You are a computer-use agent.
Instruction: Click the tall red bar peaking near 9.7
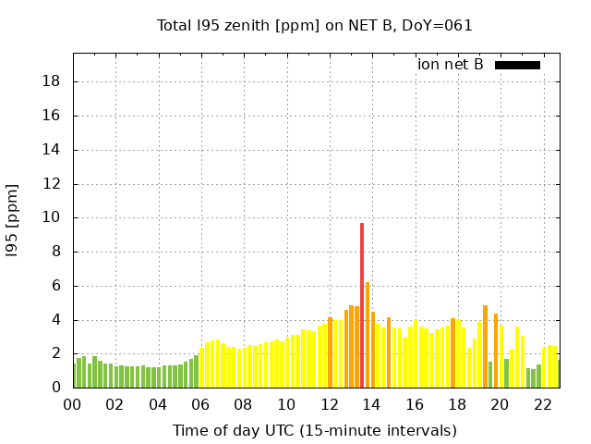point(362,305)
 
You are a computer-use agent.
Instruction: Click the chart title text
point(315,25)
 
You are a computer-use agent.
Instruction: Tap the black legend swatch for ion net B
point(517,65)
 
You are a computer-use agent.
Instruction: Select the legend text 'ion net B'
point(451,65)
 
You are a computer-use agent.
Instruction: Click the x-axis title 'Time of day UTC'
point(315,430)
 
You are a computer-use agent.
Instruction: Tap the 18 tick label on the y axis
point(52,81)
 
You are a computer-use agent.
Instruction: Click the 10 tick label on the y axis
point(52,217)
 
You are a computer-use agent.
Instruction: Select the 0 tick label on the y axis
point(55,388)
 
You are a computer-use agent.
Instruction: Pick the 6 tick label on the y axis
point(55,286)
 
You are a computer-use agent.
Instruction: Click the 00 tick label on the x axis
point(72,404)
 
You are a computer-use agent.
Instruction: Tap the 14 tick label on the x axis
point(372,404)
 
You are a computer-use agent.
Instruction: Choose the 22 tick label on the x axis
point(543,404)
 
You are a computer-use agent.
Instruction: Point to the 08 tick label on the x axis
point(244,404)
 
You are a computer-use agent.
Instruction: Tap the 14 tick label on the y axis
point(52,150)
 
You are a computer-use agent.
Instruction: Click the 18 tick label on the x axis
point(457,404)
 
